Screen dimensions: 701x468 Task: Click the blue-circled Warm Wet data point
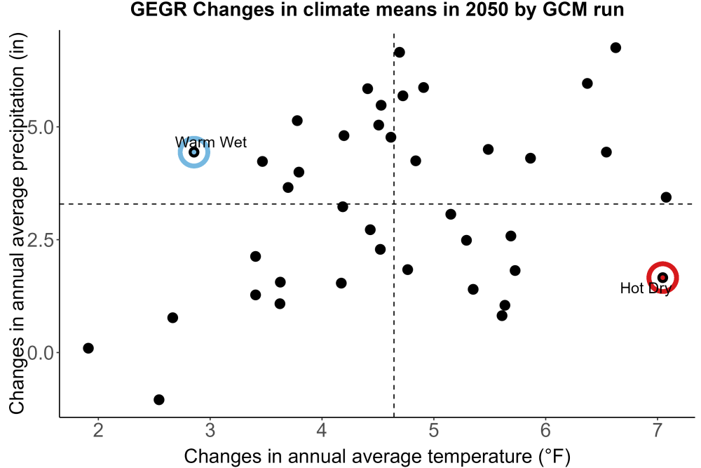coord(194,152)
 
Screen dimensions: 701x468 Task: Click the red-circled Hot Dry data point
coord(662,278)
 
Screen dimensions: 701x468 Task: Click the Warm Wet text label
coord(210,142)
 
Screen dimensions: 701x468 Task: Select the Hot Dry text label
coord(646,288)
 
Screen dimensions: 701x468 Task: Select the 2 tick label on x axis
coord(98,430)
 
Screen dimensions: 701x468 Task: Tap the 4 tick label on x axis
coord(322,430)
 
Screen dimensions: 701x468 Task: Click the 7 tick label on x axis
coord(658,430)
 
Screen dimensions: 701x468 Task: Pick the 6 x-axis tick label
coord(545,430)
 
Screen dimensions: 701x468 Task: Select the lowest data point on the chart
coord(158,399)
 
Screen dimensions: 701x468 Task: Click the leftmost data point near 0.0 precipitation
coord(88,348)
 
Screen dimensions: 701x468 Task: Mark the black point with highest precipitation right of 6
coord(615,48)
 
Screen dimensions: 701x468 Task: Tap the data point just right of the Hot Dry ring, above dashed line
coord(666,197)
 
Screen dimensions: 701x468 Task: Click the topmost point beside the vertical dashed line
coord(400,53)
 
